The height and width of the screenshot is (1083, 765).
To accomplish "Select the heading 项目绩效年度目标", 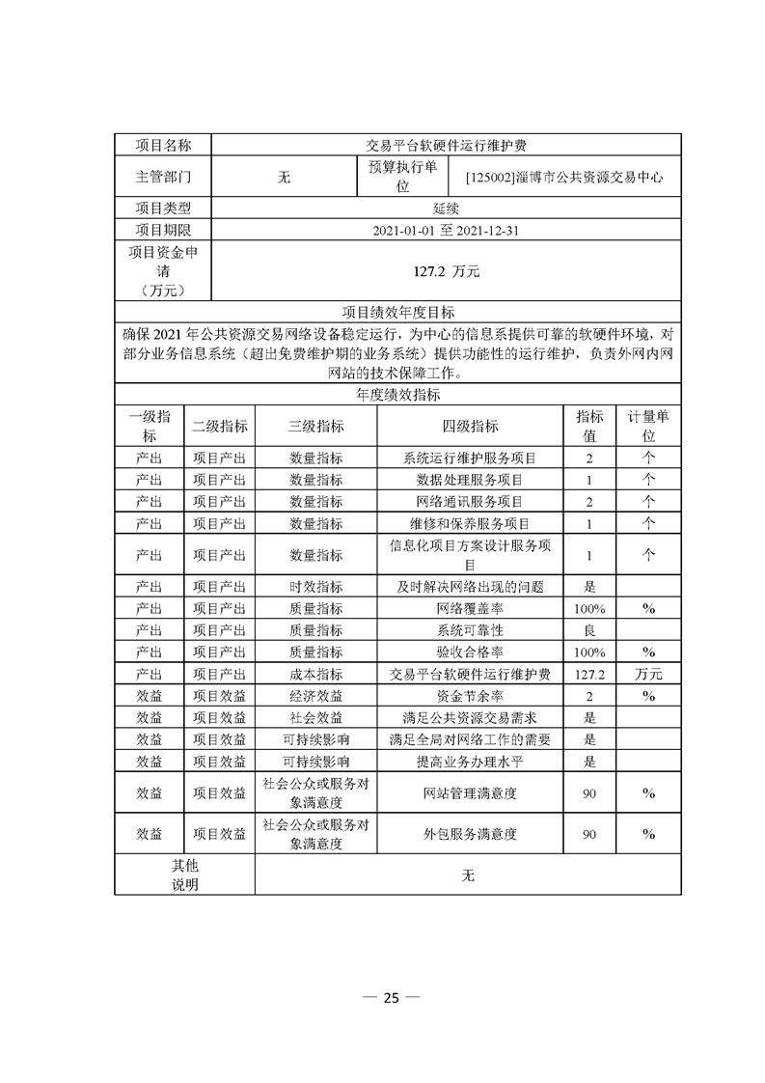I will [398, 313].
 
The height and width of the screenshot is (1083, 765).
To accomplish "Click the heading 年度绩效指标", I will [398, 394].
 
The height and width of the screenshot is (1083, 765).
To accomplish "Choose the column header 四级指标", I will [470, 427].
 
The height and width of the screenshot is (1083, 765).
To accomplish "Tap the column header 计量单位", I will [648, 427].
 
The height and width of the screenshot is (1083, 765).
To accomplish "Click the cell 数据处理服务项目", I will [470, 480].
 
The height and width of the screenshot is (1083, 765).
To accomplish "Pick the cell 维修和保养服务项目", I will [470, 523].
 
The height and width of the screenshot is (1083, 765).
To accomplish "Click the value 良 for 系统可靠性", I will [589, 630].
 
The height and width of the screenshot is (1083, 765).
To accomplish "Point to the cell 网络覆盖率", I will [470, 609].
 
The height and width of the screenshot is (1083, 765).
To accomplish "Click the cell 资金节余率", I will [470, 696].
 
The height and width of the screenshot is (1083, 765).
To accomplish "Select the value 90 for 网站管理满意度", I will [589, 793].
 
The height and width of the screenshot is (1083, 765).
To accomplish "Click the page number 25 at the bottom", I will [390, 999].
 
